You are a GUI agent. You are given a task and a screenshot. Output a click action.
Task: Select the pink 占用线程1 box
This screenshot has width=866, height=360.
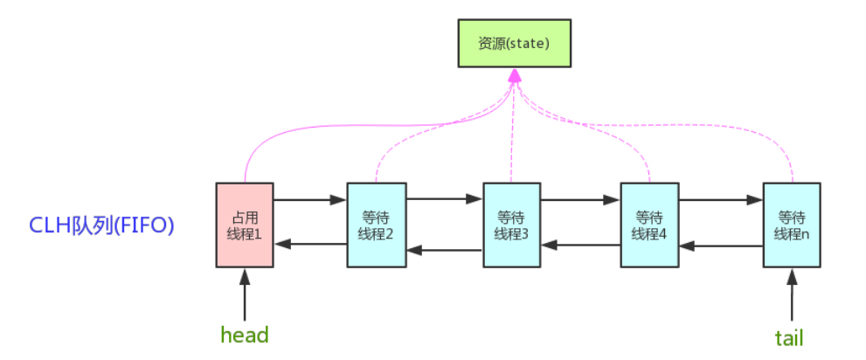(245, 225)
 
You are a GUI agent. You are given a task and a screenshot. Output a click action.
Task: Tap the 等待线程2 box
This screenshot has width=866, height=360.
(376, 225)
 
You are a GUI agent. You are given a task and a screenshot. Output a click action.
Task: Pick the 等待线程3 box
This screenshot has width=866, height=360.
(512, 225)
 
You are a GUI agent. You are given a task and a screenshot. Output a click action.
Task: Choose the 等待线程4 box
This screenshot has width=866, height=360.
(649, 225)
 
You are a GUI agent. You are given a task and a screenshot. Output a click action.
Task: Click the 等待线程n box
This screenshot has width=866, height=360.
(791, 225)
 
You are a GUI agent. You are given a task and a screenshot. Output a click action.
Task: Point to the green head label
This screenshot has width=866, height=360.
(245, 336)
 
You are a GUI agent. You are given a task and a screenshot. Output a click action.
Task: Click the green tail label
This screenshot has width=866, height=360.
(789, 337)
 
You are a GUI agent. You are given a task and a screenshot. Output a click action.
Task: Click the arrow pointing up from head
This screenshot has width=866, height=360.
(245, 295)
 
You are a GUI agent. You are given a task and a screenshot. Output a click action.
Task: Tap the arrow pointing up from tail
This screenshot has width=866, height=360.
(792, 295)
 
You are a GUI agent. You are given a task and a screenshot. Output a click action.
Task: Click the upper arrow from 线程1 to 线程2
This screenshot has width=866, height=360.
(310, 199)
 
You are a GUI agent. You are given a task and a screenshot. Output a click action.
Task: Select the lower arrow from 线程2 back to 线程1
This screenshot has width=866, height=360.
(310, 244)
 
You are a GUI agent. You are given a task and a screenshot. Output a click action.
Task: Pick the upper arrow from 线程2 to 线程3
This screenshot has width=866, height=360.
(445, 199)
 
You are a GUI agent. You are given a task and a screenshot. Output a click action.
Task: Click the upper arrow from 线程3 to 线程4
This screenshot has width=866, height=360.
(580, 199)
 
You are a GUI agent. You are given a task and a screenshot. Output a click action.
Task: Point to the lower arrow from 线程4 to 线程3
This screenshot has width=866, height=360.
(580, 246)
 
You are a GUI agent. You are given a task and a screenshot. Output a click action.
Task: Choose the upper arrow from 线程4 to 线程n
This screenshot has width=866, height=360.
(720, 199)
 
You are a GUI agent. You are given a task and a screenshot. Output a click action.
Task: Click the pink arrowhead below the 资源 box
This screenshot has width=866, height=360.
(515, 78)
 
